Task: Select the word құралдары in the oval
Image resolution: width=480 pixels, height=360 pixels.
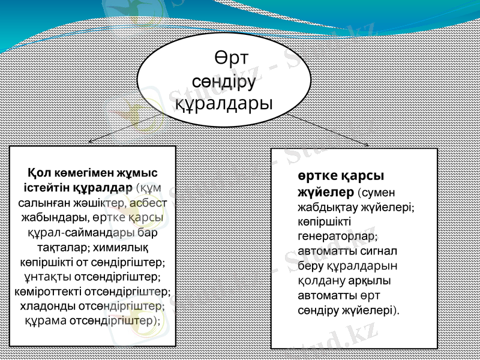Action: (223, 103)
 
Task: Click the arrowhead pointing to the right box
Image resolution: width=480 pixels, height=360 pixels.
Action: (365, 144)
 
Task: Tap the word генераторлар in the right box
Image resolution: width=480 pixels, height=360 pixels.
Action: (335, 236)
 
